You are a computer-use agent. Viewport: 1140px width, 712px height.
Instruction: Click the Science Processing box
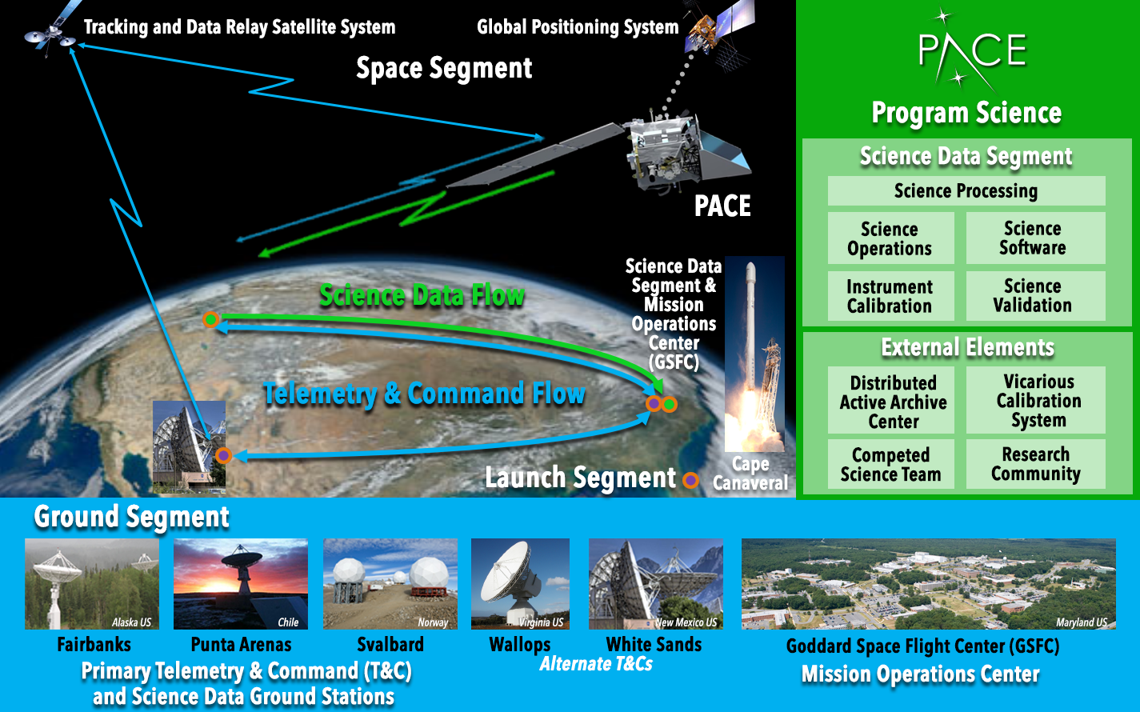click(966, 191)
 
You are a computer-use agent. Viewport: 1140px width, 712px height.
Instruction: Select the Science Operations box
click(890, 238)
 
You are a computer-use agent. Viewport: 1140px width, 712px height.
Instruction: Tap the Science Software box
click(1036, 238)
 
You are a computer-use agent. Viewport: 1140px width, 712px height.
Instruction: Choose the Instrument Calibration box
click(890, 296)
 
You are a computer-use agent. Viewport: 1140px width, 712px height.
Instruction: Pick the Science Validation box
click(1036, 296)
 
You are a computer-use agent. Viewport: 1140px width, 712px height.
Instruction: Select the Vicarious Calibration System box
click(1036, 400)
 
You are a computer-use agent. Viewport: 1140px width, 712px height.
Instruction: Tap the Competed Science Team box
click(890, 464)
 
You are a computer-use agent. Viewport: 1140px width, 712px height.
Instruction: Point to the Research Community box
click(1036, 464)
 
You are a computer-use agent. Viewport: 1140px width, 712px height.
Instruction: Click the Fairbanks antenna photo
click(92, 584)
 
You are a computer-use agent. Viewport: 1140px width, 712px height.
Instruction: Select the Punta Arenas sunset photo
click(241, 584)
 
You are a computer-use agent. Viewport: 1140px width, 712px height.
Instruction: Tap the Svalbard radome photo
click(390, 584)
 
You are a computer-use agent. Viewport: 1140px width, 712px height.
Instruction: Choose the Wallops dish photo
click(520, 584)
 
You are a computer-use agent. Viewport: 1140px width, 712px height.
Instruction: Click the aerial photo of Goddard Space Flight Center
click(929, 584)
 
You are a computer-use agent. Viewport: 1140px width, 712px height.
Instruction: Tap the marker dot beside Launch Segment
click(690, 480)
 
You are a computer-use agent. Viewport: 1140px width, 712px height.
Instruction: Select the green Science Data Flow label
click(422, 296)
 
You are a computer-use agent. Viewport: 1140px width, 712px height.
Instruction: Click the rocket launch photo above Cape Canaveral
click(754, 354)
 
